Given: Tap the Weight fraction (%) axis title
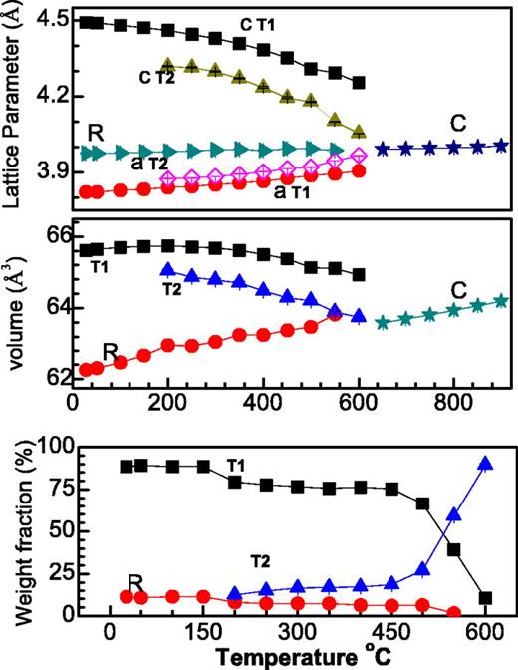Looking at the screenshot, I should point(16,529).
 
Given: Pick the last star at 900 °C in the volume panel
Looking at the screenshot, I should point(501,300).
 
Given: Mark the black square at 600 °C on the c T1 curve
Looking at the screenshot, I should point(359,83).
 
